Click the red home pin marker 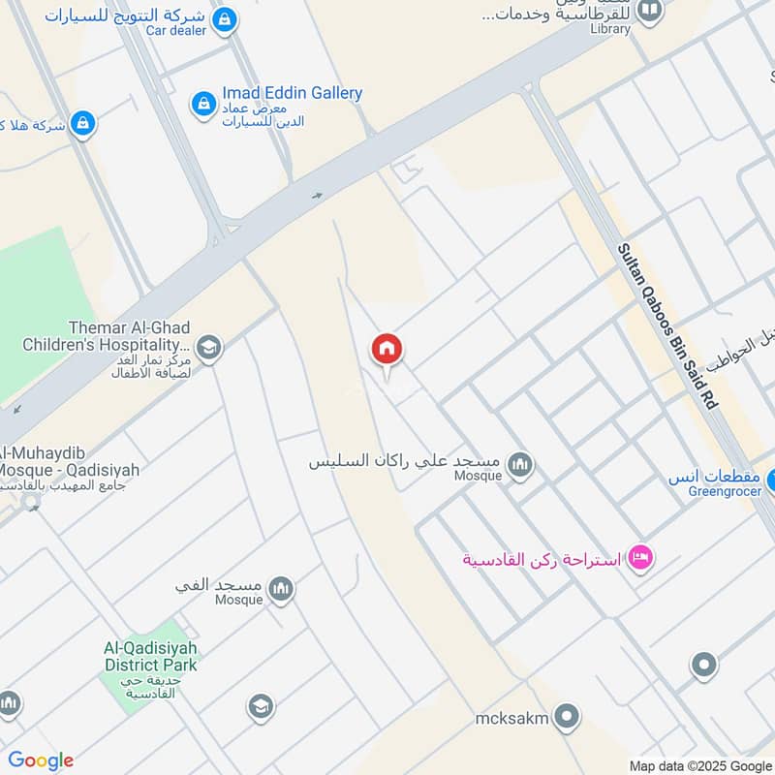(x=387, y=351)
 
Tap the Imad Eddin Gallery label (x=292, y=93)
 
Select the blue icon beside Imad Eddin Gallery (x=203, y=102)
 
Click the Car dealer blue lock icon (x=224, y=19)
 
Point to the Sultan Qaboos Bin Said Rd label (x=668, y=325)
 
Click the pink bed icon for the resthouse (x=639, y=557)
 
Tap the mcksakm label (x=512, y=718)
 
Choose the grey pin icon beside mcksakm (x=567, y=718)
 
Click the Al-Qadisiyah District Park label (x=151, y=657)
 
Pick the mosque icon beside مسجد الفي (x=281, y=589)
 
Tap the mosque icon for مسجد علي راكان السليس (x=521, y=466)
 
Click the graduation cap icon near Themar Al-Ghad (x=207, y=347)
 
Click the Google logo (x=41, y=760)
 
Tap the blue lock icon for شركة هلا (x=83, y=123)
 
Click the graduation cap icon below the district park (x=260, y=707)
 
